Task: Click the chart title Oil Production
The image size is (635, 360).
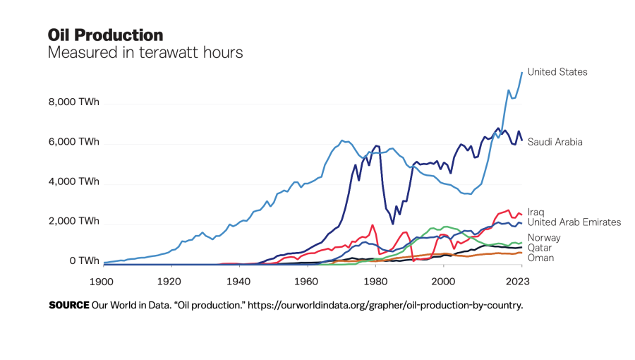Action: [105, 35]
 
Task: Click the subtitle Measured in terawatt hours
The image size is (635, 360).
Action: [145, 53]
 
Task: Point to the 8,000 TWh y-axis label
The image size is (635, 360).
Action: [74, 102]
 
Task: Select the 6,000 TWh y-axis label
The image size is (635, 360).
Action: [74, 142]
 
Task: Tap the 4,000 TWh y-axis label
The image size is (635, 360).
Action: [74, 181]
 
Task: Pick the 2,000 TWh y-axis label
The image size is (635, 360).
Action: [74, 222]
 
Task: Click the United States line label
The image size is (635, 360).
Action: [557, 72]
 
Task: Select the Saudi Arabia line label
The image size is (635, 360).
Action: [555, 142]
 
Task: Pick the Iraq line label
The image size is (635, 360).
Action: [536, 212]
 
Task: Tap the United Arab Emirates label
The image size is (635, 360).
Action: [574, 222]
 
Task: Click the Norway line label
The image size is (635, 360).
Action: [544, 238]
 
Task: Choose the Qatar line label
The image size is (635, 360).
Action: [540, 248]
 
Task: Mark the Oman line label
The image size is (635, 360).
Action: [540, 258]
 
